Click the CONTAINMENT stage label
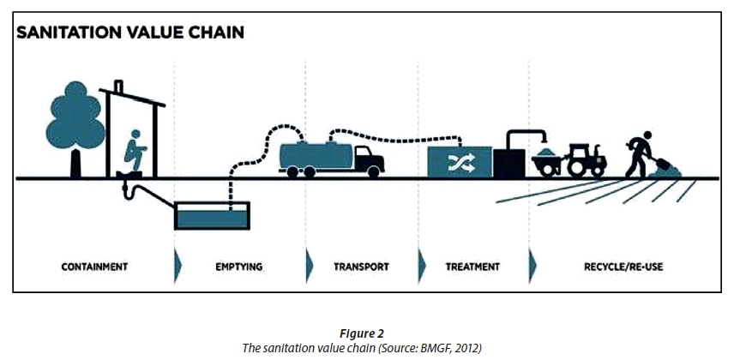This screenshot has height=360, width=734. [94, 267]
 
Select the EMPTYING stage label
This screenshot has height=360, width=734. [238, 267]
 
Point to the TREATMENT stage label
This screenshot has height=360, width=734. [472, 267]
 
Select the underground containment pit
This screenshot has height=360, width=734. [212, 216]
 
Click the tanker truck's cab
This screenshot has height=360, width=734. [368, 159]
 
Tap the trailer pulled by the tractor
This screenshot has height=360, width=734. [546, 162]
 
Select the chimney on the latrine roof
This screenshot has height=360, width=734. [117, 87]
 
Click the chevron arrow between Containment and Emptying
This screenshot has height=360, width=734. [177, 267]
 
